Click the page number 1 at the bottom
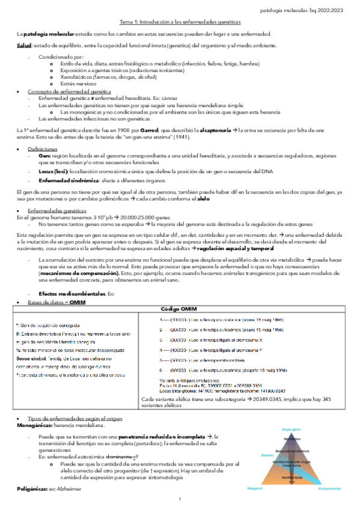click(x=180, y=500)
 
